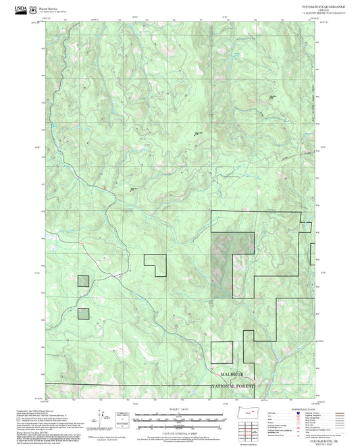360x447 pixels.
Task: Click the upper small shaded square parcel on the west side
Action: pyautogui.click(x=83, y=281)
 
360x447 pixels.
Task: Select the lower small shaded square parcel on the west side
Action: pyautogui.click(x=83, y=313)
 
